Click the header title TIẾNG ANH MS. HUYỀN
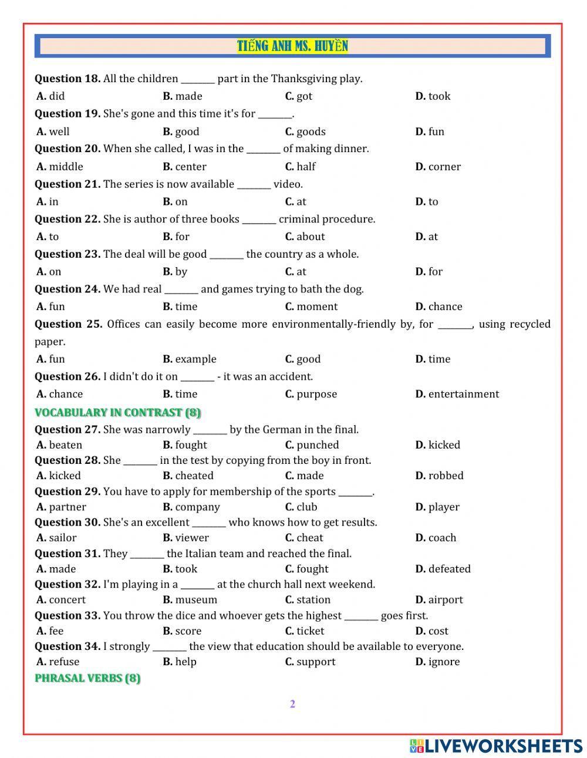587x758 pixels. point(292,46)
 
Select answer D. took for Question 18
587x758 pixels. point(433,96)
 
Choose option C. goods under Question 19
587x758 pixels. point(305,132)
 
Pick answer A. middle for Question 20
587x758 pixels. point(60,167)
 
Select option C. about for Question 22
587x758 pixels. point(305,237)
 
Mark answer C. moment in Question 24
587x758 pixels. point(311,306)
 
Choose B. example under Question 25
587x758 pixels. point(190,359)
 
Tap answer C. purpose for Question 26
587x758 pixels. point(311,395)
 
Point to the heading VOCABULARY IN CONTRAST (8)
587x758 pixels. point(117,413)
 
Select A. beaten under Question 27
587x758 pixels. point(59,445)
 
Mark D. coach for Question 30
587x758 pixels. point(436,538)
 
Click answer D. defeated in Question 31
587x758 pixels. point(443,569)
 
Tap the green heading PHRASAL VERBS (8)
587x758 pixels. point(87,679)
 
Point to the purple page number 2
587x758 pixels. point(292,705)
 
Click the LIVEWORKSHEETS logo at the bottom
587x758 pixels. point(496,746)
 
